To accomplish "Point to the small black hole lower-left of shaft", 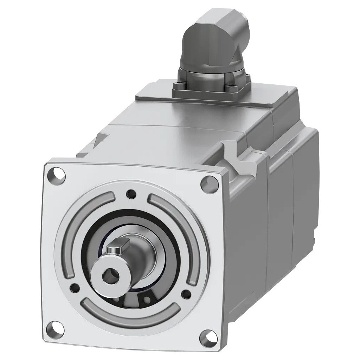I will click(x=74, y=288).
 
